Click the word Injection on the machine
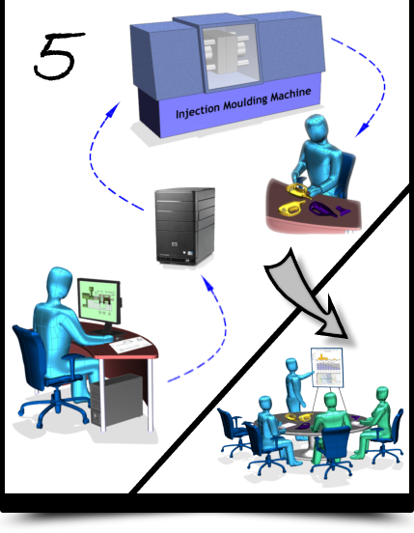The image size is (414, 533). (198, 110)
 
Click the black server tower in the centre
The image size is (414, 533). (184, 226)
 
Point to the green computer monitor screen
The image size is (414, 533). (98, 299)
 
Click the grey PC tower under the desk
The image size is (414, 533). (117, 401)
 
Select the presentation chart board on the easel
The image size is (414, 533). (327, 368)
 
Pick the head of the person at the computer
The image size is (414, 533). (60, 282)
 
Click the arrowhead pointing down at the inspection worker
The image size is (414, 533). (363, 128)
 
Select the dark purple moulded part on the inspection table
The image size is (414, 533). (323, 209)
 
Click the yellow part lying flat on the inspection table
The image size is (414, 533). (291, 208)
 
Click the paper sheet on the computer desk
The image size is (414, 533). (130, 346)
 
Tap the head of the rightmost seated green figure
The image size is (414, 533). (382, 395)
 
